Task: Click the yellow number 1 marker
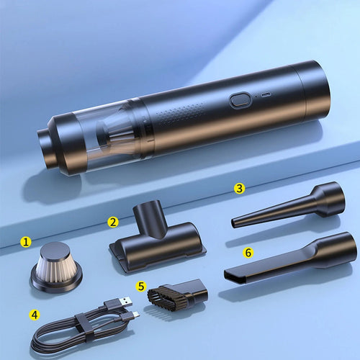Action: tap(26, 242)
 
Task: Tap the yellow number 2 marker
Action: tap(113, 222)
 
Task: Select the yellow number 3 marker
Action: tap(239, 189)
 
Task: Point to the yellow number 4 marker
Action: tap(35, 315)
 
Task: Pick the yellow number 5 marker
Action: tap(141, 286)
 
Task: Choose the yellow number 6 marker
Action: tap(248, 253)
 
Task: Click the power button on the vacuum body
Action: tap(240, 100)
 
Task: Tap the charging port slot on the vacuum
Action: tap(266, 95)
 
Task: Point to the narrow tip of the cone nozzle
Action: tap(233, 222)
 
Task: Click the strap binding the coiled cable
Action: tap(85, 328)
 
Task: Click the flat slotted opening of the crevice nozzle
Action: tap(235, 276)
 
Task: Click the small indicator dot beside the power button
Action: tap(256, 96)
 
